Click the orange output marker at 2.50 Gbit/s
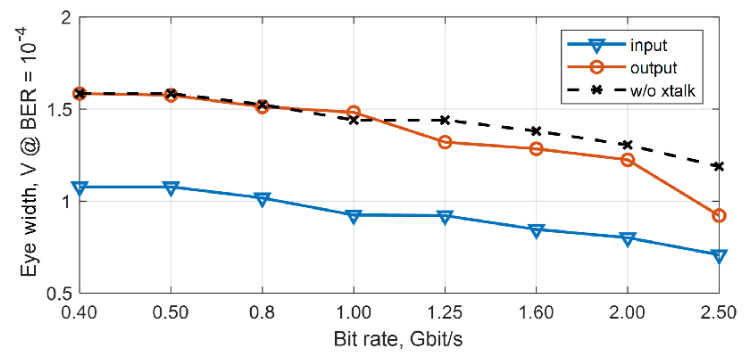(719, 216)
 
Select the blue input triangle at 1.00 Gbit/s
(353, 216)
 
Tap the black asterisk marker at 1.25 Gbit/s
(444, 120)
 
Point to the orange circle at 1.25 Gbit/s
(444, 142)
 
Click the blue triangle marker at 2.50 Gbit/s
(719, 256)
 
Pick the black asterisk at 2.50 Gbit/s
(719, 167)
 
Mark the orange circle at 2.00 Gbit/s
(627, 160)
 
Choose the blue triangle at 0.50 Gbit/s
(171, 188)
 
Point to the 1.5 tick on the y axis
(59, 109)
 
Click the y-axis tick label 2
(66, 17)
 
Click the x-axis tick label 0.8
(262, 313)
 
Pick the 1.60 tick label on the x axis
(536, 313)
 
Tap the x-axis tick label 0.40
(79, 313)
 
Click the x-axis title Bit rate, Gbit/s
(398, 339)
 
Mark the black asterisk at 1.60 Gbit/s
(536, 131)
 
